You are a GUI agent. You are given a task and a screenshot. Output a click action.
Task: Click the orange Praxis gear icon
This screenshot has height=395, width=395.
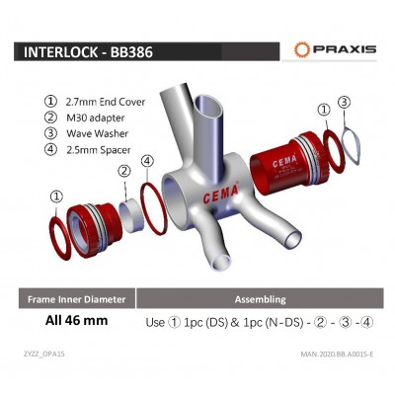(x=303, y=48)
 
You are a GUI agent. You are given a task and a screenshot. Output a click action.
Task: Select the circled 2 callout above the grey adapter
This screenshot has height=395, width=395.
(x=124, y=171)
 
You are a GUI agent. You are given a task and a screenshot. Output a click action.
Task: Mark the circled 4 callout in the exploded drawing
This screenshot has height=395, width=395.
(x=147, y=161)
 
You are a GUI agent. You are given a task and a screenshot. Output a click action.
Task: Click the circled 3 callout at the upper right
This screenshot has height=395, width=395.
(x=343, y=102)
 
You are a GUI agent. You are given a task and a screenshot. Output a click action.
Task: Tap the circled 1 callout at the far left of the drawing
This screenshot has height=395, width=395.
(x=57, y=196)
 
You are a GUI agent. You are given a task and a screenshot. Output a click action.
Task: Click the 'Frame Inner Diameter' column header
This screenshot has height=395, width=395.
(x=76, y=297)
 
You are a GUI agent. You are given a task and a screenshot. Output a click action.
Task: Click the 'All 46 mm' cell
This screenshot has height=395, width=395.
(x=75, y=321)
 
